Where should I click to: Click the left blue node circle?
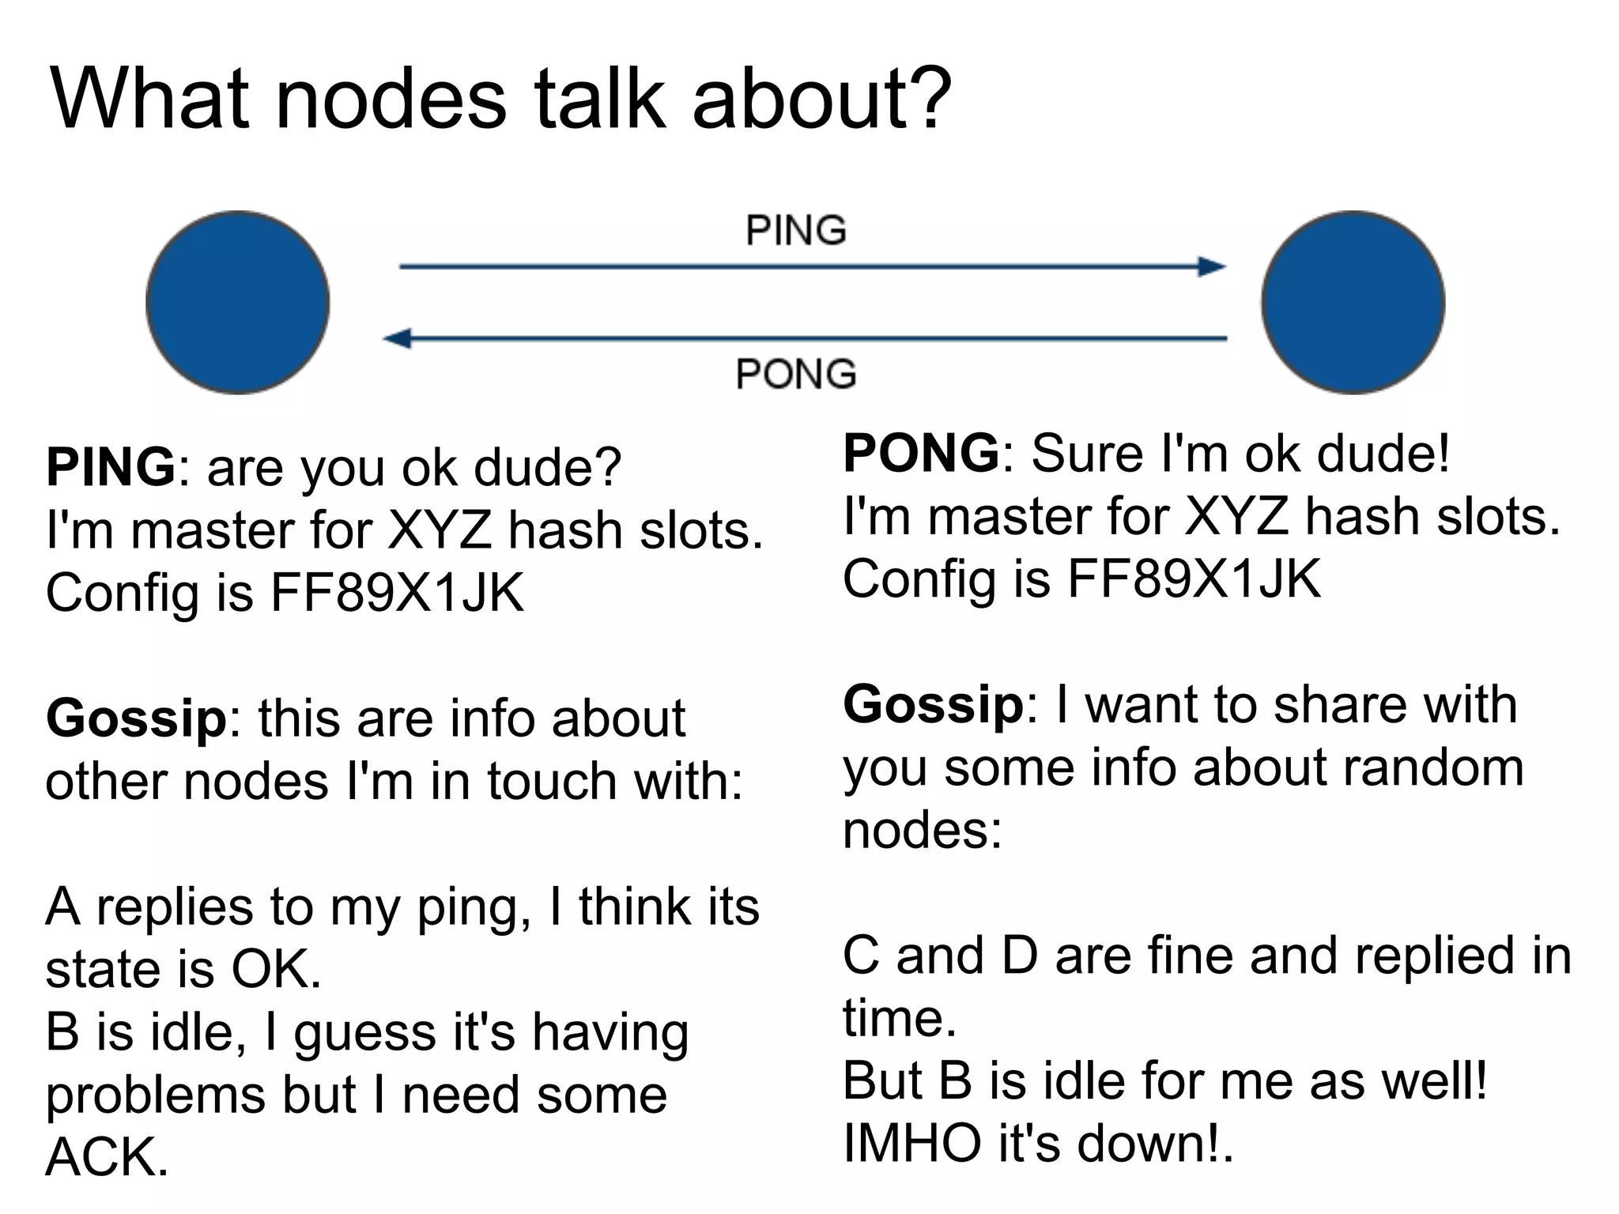click(x=238, y=303)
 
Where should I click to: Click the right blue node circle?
click(x=1353, y=303)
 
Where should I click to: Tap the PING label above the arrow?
click(x=796, y=231)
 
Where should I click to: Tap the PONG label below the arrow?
click(x=796, y=374)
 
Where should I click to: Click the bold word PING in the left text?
click(x=111, y=467)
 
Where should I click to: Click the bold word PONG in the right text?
click(x=922, y=453)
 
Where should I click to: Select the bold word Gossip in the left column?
click(x=137, y=718)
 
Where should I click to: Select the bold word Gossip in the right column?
click(x=934, y=704)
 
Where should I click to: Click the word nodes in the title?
click(x=391, y=100)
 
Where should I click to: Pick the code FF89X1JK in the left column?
click(x=397, y=592)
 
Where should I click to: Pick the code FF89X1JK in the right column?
click(x=1194, y=579)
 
